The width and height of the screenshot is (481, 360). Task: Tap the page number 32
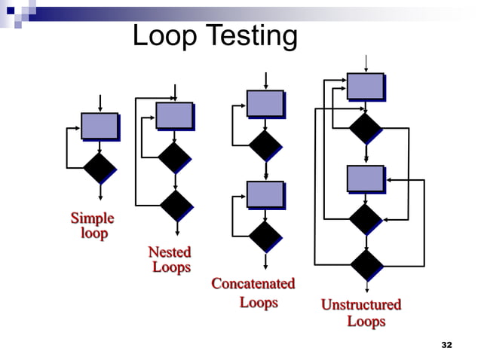tap(446, 345)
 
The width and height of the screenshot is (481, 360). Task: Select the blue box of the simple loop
tap(100, 126)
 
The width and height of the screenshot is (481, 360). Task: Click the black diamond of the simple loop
tap(100, 167)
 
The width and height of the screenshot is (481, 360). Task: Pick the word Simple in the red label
tap(92, 218)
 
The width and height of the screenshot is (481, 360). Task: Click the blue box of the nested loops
tap(174, 116)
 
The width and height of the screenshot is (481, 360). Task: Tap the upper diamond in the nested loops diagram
tap(174, 157)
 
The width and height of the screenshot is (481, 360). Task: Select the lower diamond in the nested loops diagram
tap(176, 205)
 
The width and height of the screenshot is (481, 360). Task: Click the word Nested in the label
tap(170, 252)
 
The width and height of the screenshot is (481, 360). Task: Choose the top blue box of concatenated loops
tap(265, 104)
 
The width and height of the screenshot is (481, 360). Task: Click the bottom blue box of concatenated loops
tap(265, 194)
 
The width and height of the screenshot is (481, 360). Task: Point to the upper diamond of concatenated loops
tap(265, 145)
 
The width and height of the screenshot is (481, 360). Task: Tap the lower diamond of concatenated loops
tap(265, 236)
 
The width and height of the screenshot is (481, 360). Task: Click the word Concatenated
tap(253, 284)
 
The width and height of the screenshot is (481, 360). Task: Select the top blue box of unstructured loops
tap(365, 86)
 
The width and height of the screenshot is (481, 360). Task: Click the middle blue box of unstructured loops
tap(365, 178)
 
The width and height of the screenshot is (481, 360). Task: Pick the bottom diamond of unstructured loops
tap(366, 265)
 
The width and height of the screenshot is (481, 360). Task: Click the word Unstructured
tap(361, 305)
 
